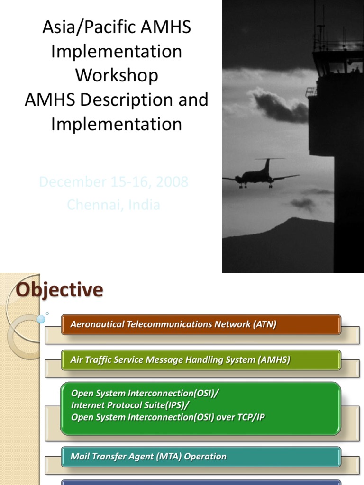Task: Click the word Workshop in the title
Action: [x=117, y=75]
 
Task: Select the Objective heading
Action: [x=59, y=290]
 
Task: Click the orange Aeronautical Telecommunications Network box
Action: [x=201, y=325]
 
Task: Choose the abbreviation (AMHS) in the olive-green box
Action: [x=273, y=360]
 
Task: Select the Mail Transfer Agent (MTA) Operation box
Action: [x=201, y=457]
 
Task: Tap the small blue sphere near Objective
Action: [x=41, y=319]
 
